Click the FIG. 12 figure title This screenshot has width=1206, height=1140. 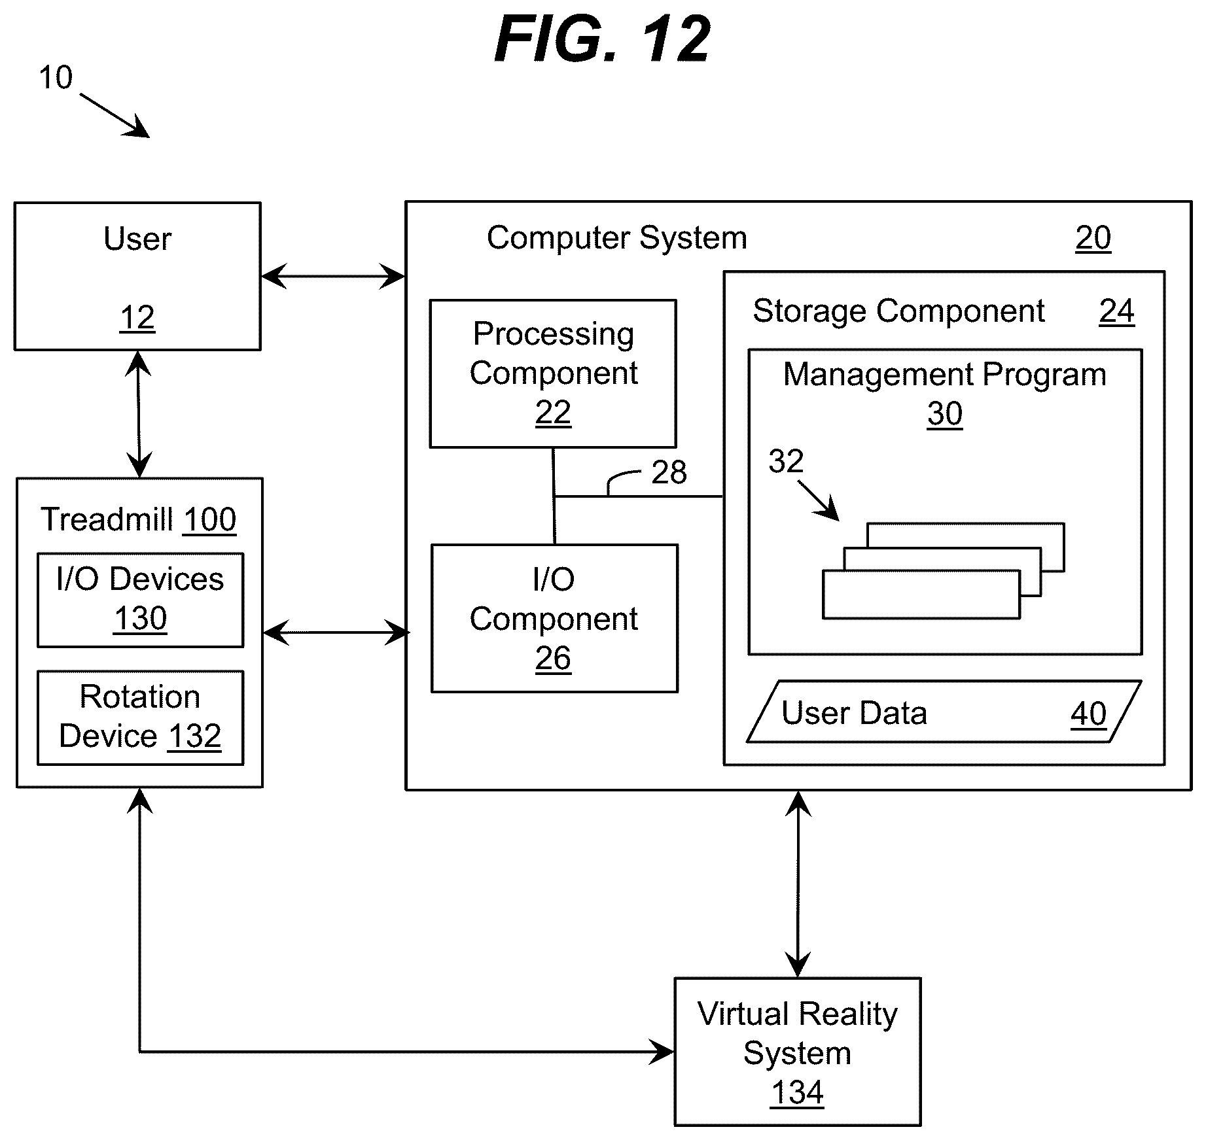602,39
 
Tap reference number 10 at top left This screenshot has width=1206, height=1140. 56,78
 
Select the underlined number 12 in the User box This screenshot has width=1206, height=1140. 137,319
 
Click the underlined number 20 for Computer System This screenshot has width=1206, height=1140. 1093,238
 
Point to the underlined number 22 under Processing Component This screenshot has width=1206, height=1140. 553,413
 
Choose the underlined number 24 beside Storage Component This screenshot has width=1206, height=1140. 1117,311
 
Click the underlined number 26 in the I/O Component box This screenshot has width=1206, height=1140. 553,659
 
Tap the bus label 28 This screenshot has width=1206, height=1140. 669,472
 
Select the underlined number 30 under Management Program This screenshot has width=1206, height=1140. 945,414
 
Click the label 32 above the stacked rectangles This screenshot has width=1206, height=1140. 786,462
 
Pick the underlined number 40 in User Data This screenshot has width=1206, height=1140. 1089,714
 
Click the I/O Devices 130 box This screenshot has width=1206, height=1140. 140,600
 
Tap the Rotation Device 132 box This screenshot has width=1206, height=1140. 140,717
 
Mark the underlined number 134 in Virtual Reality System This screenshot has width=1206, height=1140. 797,1093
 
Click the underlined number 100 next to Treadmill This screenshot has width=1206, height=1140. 209,521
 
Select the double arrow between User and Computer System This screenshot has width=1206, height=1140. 333,276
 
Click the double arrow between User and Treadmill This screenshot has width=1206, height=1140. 139,414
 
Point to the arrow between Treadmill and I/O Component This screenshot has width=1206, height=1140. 336,632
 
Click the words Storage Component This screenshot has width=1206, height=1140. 898,311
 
